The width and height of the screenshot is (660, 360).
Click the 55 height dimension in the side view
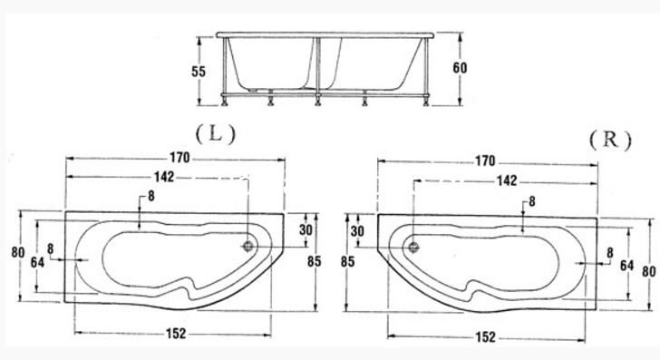pyautogui.click(x=199, y=72)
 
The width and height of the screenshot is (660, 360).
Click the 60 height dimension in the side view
pyautogui.click(x=460, y=68)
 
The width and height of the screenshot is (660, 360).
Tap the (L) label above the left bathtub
pyautogui.click(x=216, y=134)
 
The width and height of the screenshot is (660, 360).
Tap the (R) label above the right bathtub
pyautogui.click(x=610, y=140)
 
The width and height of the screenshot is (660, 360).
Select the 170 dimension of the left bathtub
pyautogui.click(x=180, y=158)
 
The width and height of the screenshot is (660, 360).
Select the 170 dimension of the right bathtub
pyautogui.click(x=485, y=161)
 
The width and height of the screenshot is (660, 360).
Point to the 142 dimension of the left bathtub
pyautogui.click(x=164, y=177)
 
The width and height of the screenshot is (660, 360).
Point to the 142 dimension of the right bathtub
pyautogui.click(x=507, y=180)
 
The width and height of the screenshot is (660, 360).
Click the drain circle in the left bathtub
pyautogui.click(x=249, y=246)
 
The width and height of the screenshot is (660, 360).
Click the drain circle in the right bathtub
pyautogui.click(x=413, y=247)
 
